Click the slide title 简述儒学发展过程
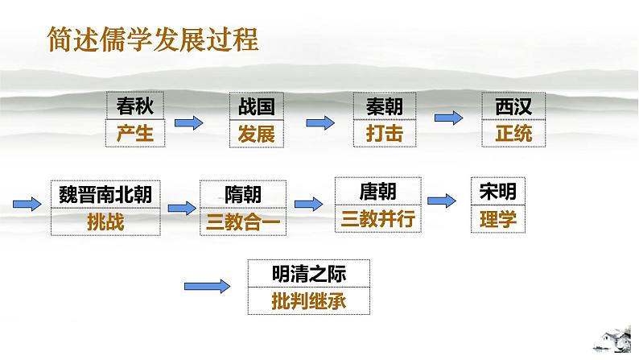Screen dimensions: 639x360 point(153,39)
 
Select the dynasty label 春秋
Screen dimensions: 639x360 point(135,106)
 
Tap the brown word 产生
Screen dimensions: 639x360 point(135,134)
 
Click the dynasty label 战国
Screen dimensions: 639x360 point(257,106)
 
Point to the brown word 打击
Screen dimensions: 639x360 point(385,134)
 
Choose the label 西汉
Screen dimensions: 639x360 point(513,106)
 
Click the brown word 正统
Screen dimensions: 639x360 point(513,134)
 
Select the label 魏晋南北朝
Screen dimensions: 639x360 point(105,194)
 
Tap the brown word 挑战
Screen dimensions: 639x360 point(105,222)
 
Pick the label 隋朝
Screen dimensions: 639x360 point(243,194)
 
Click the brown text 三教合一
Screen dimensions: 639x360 point(243,222)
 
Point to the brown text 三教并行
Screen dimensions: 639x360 point(377,218)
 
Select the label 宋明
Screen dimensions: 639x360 point(498,191)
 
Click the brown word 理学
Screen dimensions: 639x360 point(498,219)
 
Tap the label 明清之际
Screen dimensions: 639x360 point(309,274)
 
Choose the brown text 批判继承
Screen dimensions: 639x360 point(309,301)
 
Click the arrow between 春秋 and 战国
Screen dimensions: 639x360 point(188,122)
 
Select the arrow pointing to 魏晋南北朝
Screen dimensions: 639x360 point(27,204)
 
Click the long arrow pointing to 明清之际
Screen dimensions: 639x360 point(207,286)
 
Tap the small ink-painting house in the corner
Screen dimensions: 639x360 point(613,339)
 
